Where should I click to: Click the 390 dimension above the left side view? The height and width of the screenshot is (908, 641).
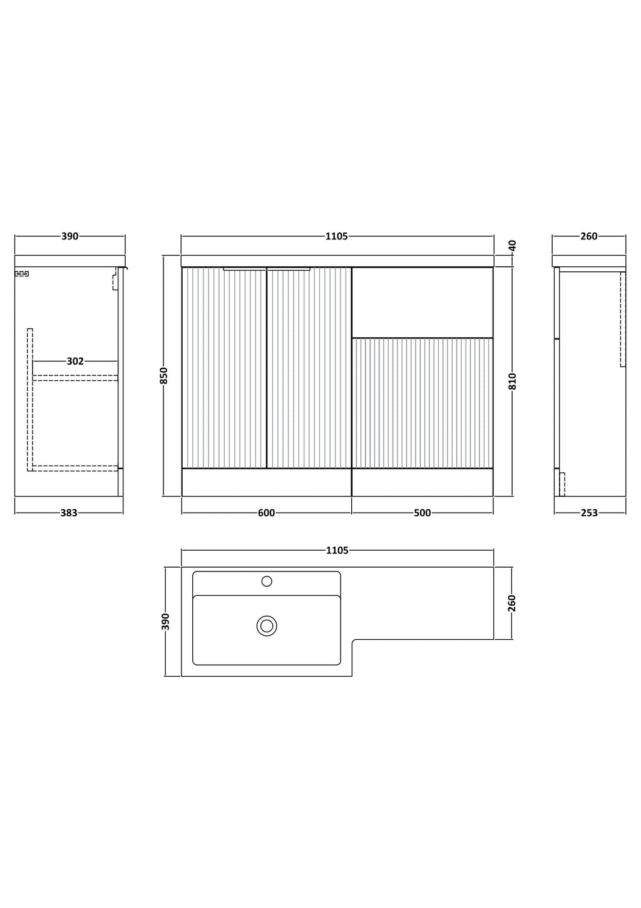pos(69,236)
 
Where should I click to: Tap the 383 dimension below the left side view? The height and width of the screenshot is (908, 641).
pos(69,513)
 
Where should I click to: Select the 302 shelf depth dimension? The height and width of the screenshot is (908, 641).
pos(75,361)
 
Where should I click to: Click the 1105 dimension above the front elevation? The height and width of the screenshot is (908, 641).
pos(337,236)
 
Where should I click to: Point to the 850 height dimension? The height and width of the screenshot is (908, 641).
pos(164,375)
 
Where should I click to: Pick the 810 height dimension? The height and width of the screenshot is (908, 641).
pos(513,381)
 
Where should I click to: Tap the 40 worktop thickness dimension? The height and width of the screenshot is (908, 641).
pos(513,245)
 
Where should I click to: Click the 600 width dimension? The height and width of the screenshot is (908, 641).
pos(267,513)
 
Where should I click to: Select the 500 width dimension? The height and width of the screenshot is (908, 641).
pos(423,513)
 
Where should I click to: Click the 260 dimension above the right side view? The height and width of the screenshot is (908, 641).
pos(589,236)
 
